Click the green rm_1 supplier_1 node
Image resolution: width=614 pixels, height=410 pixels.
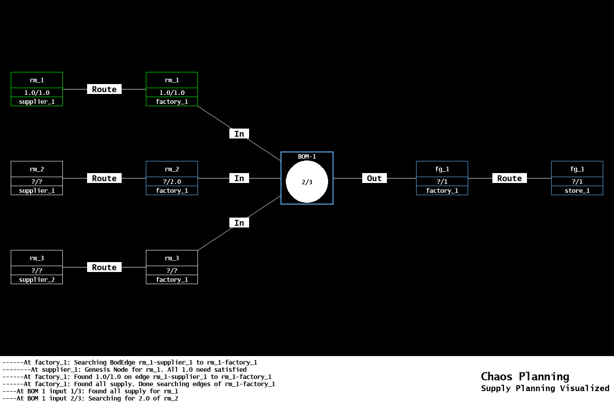37,89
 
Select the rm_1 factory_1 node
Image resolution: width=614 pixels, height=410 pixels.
172,89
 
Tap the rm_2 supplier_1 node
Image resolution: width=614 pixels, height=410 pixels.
37,178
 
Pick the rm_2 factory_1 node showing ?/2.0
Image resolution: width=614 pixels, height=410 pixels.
172,178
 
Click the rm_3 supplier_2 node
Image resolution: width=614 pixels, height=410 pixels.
37,267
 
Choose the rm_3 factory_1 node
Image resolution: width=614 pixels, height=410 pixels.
172,267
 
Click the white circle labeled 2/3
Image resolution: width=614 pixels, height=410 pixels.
307,182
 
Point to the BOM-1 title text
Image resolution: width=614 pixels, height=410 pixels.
307,156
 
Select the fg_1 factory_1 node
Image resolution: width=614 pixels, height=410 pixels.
442,178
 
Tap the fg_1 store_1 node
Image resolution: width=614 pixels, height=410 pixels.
577,178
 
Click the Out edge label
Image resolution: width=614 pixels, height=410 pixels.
374,178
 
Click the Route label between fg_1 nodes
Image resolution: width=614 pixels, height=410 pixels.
509,178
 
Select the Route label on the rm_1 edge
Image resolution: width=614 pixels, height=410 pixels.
104,89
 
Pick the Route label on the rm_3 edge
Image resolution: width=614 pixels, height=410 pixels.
104,267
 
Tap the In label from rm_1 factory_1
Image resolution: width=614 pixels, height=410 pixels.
239,134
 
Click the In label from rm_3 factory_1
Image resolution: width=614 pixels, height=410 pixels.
239,223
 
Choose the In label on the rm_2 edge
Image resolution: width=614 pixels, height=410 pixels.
239,178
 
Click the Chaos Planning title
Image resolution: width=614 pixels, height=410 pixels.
525,376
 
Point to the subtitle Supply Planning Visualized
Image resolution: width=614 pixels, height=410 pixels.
545,388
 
